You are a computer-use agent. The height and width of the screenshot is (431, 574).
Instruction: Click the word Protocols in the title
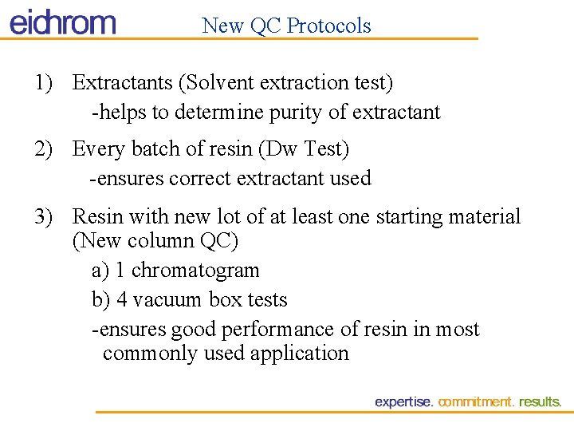click(328, 26)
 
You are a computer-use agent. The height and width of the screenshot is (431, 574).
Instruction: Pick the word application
click(300, 354)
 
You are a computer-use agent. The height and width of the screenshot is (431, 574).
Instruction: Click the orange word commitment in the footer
click(476, 402)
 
